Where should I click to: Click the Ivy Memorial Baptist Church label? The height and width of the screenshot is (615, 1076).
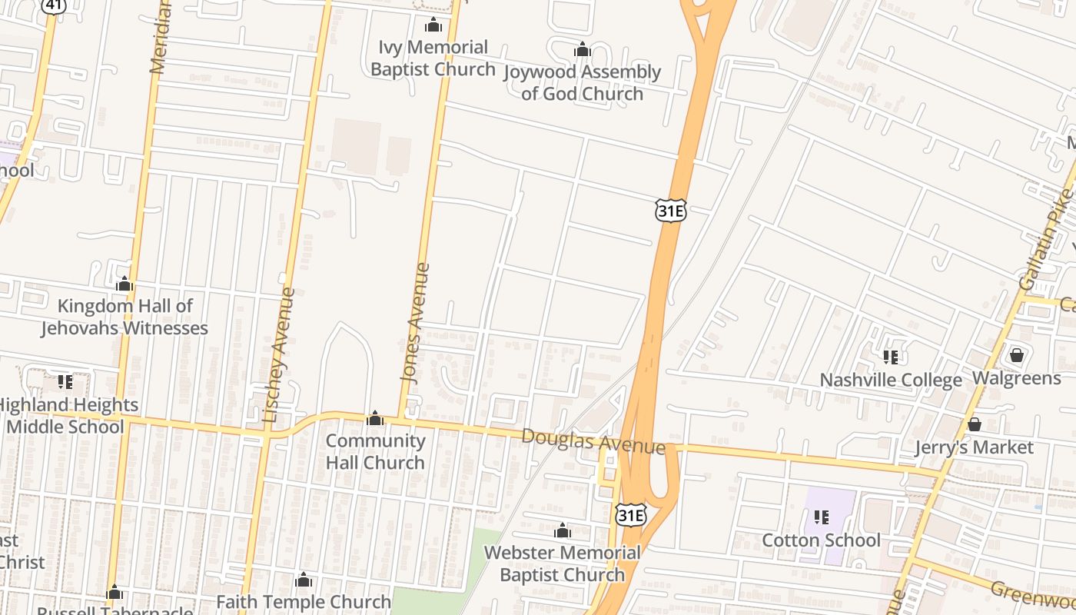[433, 58]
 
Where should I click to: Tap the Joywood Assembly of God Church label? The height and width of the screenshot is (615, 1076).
[582, 83]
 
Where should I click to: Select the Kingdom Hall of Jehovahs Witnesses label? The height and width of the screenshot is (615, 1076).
[125, 317]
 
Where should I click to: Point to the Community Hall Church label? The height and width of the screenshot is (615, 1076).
[375, 451]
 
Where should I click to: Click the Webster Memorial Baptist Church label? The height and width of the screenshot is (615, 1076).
[562, 563]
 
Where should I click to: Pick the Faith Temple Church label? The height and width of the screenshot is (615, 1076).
[304, 601]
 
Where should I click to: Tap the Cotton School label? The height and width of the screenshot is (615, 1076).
[821, 540]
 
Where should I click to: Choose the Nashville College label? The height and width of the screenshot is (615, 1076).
[891, 380]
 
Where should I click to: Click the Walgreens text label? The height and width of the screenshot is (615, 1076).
[1016, 378]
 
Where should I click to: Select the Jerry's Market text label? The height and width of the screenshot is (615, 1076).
[974, 447]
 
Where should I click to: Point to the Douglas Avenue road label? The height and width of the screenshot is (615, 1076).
[593, 441]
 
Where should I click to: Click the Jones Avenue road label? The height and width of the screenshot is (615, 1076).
[414, 323]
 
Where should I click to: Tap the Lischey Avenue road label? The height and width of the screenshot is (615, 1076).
[278, 355]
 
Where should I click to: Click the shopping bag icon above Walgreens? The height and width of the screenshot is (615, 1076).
[1017, 355]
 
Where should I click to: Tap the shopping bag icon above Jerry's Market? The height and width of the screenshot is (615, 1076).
[975, 424]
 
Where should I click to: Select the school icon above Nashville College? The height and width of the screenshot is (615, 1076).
[891, 357]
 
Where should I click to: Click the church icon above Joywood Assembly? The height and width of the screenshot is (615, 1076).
[582, 51]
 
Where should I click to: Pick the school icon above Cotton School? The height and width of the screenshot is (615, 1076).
[821, 517]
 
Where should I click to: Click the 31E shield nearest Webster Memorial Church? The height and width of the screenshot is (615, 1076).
[629, 515]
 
